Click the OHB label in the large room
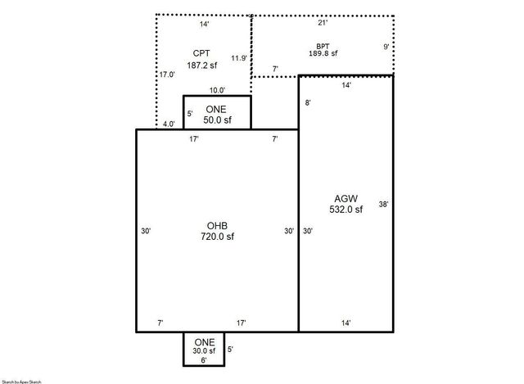(217, 225)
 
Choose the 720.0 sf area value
(217, 237)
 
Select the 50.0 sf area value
(217, 120)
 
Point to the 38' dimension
(382, 204)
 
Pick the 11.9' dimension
(238, 58)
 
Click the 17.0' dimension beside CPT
(166, 74)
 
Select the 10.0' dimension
(217, 91)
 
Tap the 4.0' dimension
(168, 124)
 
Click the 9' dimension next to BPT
(386, 47)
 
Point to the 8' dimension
(307, 102)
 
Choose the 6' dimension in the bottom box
(204, 360)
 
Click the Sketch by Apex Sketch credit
(20, 381)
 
